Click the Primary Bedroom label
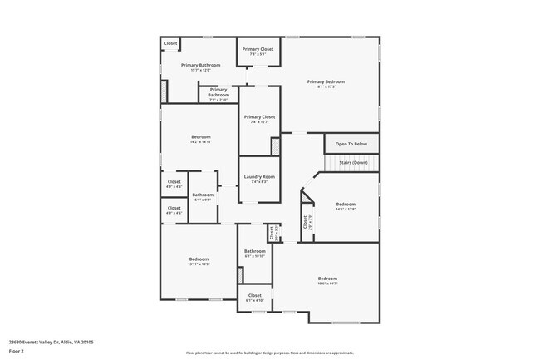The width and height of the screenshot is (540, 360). point(326,81)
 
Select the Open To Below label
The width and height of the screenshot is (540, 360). point(351,144)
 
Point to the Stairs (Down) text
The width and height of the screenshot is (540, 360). point(353,163)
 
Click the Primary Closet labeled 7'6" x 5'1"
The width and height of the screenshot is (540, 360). point(258,49)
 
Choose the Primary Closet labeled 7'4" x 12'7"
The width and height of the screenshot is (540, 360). point(258,117)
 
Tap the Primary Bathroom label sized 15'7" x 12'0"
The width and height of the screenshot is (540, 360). point(200,65)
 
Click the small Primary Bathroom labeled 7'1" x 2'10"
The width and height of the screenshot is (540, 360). point(218,95)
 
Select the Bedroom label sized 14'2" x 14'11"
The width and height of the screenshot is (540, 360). point(201,136)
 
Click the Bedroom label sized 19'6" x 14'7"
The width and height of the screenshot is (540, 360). point(327,278)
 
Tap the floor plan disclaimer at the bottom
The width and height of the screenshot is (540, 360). point(269,353)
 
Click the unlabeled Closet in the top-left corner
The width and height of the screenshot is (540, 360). point(170,43)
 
